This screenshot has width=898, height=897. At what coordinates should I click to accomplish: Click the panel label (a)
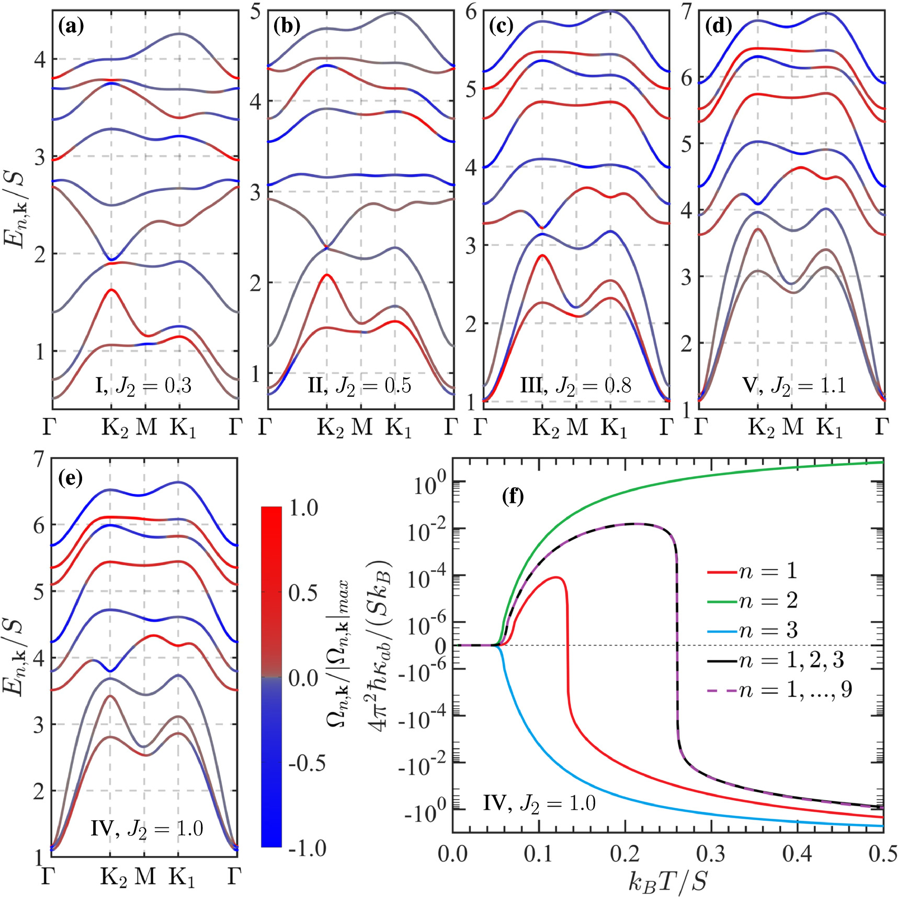coord(72,26)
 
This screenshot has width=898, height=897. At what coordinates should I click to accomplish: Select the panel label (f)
coord(513,496)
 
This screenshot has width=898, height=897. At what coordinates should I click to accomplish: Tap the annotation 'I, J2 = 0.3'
coord(143,386)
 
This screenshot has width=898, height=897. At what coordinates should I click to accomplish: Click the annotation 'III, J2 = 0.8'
coord(575,386)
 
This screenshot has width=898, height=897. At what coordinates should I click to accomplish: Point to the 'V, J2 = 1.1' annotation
coord(793,386)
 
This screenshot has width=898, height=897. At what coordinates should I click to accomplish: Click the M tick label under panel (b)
coord(361,427)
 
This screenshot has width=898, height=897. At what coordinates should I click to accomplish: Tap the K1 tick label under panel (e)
coord(181,878)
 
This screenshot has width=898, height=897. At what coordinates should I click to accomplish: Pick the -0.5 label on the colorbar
coord(308,764)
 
